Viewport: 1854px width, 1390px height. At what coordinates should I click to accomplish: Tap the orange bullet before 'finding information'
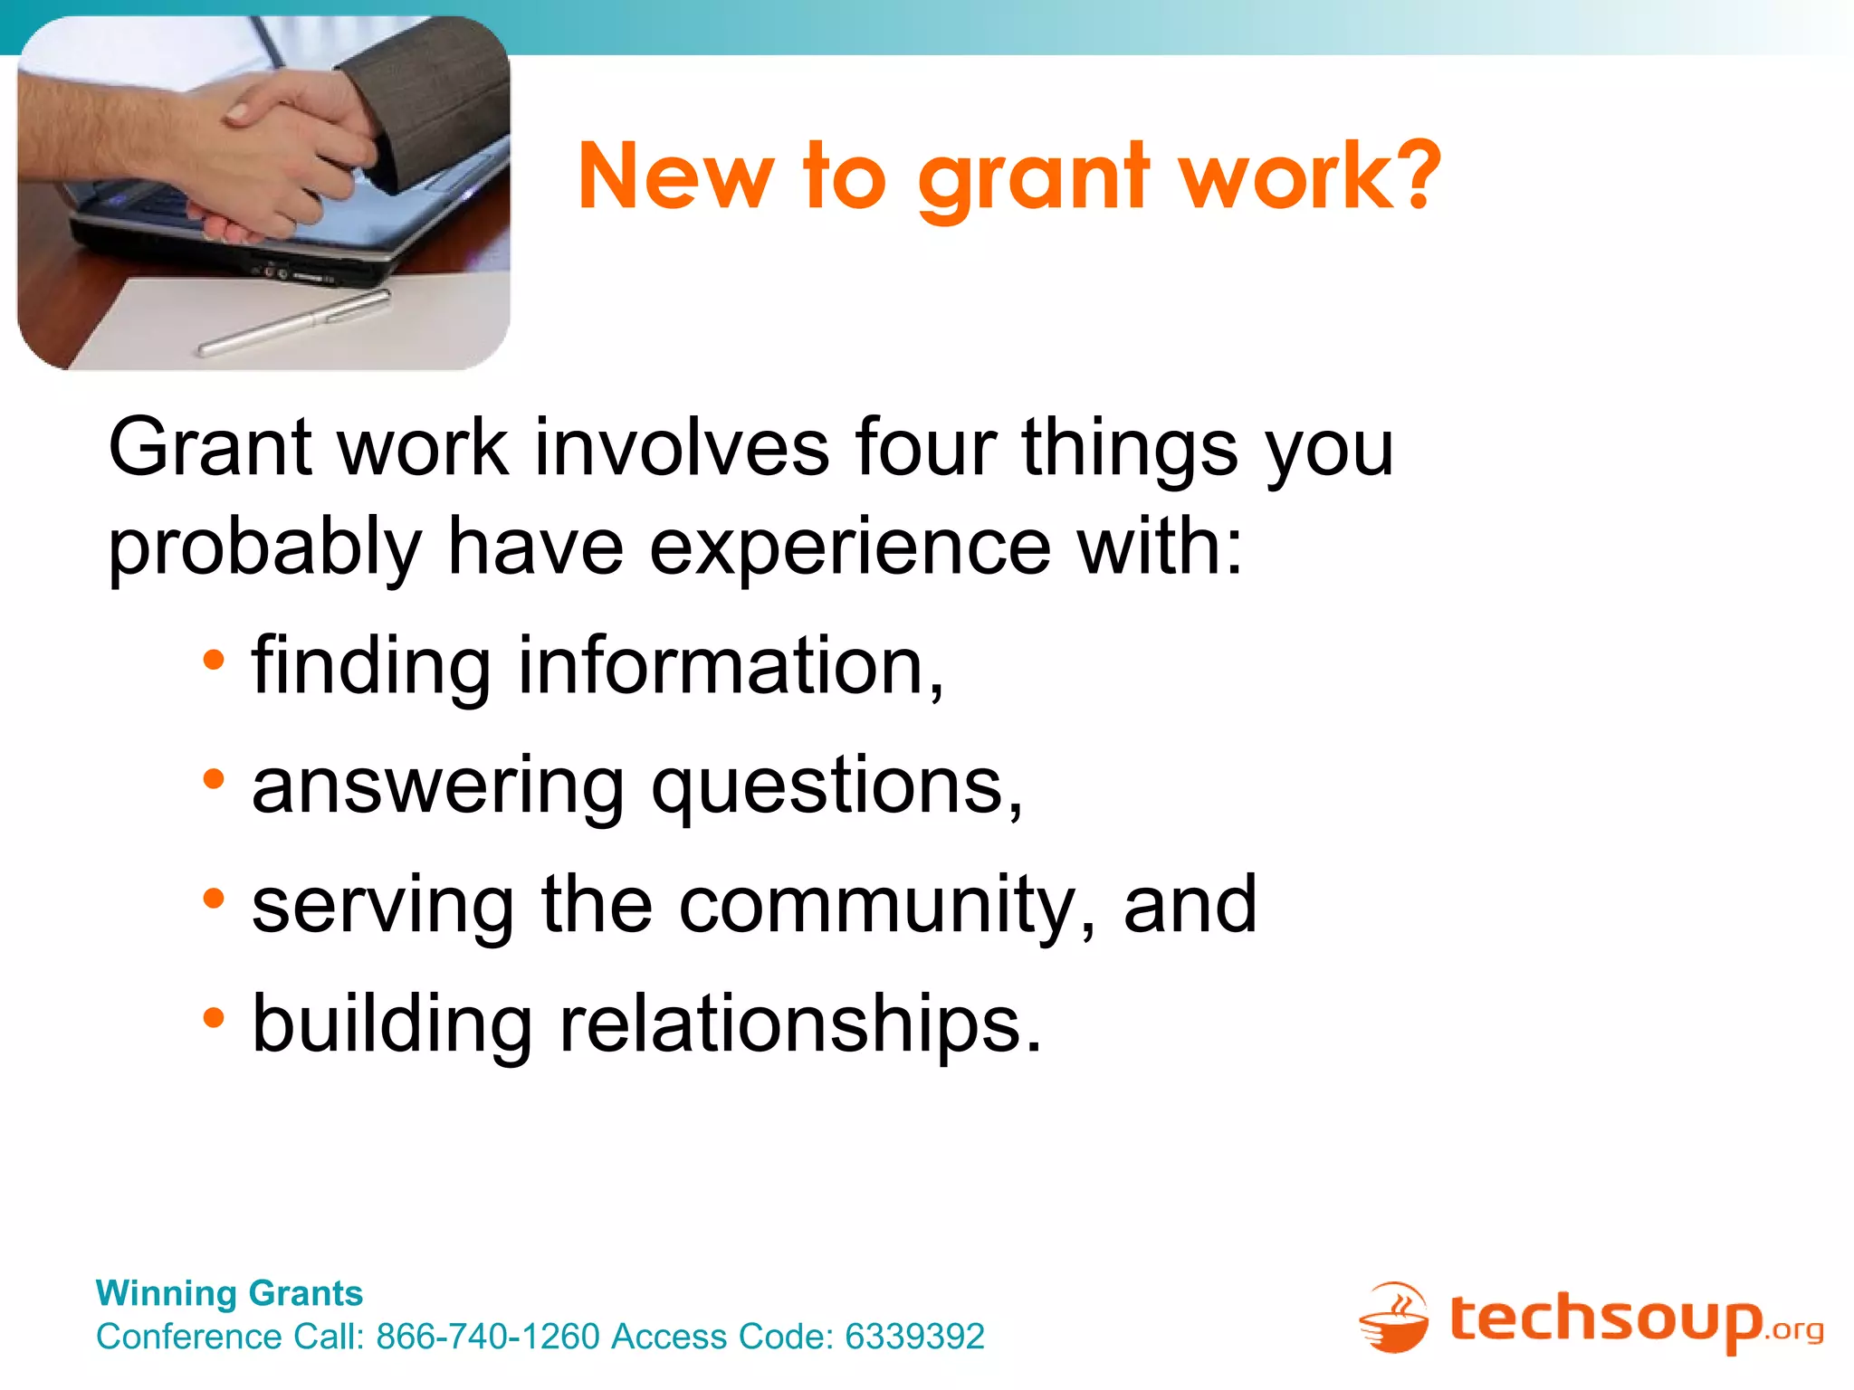(214, 661)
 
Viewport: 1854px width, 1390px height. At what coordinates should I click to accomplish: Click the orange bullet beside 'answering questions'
(214, 779)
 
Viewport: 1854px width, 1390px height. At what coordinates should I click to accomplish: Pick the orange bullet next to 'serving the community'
(214, 899)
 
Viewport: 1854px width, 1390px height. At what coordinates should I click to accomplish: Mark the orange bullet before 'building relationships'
(214, 1018)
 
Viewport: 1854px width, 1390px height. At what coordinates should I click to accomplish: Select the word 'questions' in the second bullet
(836, 787)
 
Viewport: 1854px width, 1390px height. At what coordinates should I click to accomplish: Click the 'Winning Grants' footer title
(229, 1293)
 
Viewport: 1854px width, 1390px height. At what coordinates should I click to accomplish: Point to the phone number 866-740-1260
(488, 1337)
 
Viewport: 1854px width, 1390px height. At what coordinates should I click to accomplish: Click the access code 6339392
(914, 1337)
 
